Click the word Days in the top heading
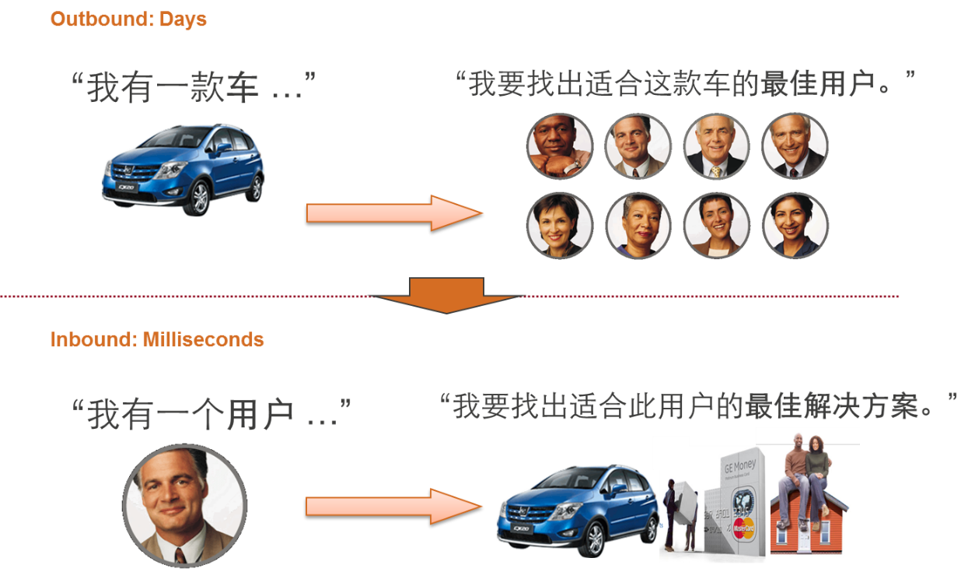183,20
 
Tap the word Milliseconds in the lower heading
203,339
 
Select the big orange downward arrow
447,295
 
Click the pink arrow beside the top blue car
394,213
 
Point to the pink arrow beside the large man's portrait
394,506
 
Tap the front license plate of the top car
127,188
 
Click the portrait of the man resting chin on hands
560,146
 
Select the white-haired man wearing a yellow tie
716,146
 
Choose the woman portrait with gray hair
638,226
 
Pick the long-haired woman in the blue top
795,226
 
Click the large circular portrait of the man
184,506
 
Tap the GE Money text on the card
740,467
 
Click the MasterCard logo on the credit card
743,530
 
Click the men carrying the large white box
682,514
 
